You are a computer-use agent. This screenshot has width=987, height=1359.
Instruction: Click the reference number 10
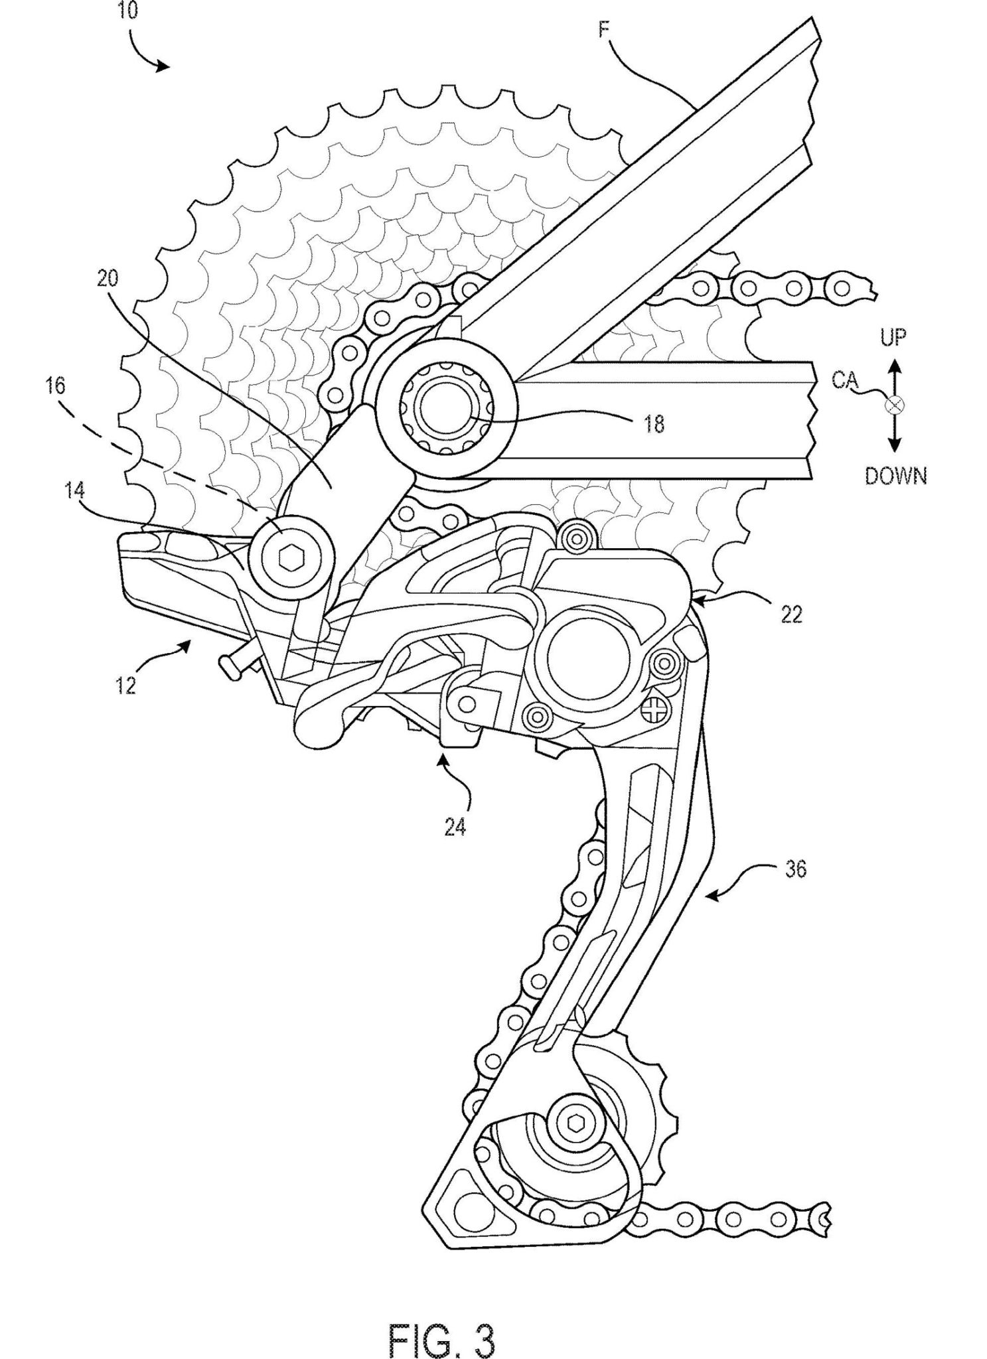pyautogui.click(x=127, y=13)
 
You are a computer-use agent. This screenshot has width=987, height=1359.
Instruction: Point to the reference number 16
pyautogui.click(x=56, y=386)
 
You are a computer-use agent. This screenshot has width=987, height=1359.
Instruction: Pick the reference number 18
pyautogui.click(x=653, y=424)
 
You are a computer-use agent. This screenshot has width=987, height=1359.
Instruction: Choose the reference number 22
pyautogui.click(x=791, y=614)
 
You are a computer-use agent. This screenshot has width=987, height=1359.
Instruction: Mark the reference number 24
pyautogui.click(x=455, y=827)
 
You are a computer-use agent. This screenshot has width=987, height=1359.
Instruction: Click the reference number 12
pyautogui.click(x=125, y=683)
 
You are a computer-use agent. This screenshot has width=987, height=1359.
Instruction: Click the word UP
pyautogui.click(x=893, y=338)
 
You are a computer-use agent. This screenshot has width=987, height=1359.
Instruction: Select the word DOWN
pyautogui.click(x=895, y=476)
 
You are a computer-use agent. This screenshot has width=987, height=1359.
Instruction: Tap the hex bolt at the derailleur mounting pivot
pyautogui.click(x=289, y=559)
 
